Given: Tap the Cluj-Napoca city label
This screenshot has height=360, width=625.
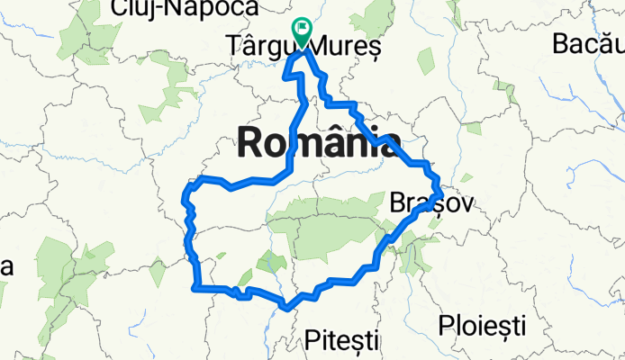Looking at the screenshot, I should tap(184, 8).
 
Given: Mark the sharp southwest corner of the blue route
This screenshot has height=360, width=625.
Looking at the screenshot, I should tap(195, 288).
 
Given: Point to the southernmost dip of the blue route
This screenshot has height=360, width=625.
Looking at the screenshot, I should tap(285, 308).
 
